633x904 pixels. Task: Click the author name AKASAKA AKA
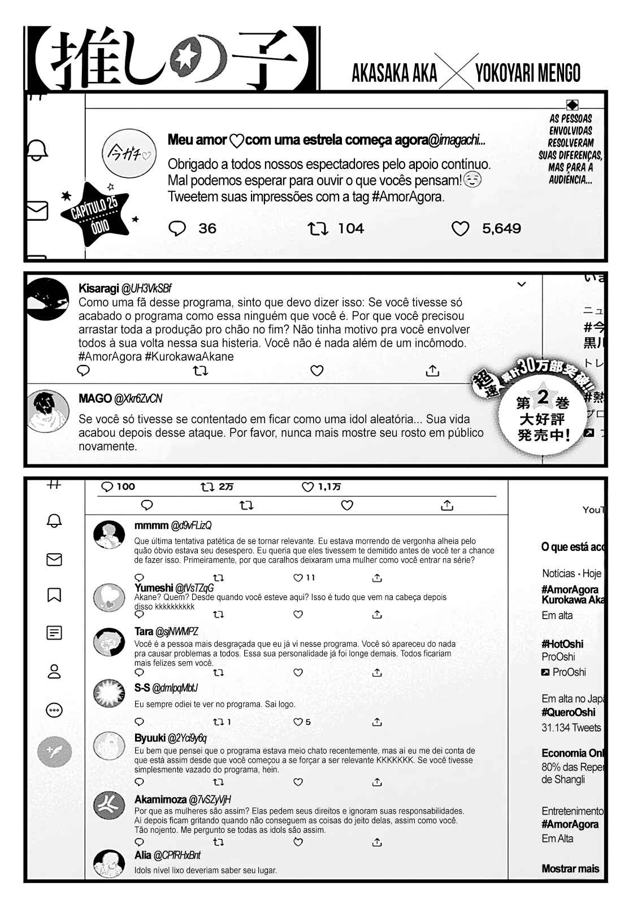coord(394,73)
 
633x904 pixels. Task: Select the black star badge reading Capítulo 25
coord(96,215)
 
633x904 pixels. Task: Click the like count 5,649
coord(501,229)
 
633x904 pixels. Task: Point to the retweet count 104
coord(350,229)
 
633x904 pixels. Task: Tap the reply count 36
coord(207,229)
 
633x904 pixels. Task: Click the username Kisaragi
coord(98,289)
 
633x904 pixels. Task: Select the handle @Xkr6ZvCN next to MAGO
coord(138,399)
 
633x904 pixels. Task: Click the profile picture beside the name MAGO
coord(49,411)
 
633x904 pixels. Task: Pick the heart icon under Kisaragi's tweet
coord(317,371)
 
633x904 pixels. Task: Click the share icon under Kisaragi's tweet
coord(432,371)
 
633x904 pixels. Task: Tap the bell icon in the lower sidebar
coord(54,521)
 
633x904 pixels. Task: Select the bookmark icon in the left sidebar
coord(54,595)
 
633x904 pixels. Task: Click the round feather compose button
coord(54,751)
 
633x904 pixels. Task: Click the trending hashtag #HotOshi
coord(562,644)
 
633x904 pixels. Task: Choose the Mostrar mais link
coord(570,869)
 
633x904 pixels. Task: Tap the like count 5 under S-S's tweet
coord(307,722)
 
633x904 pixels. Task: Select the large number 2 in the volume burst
coord(543,397)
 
